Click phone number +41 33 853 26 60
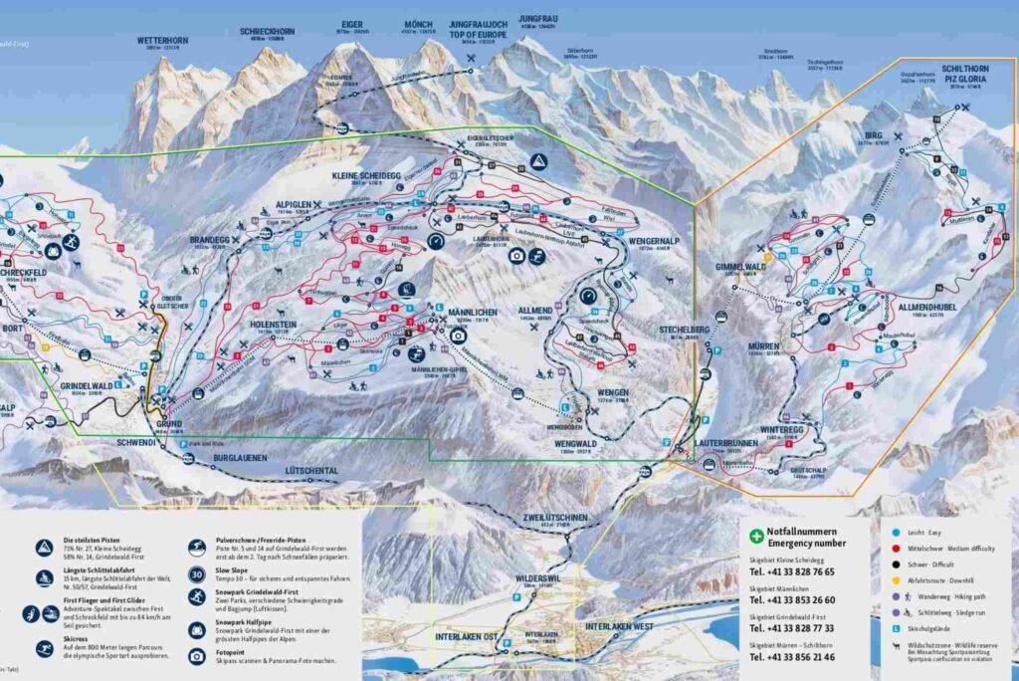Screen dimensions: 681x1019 coord(793,600)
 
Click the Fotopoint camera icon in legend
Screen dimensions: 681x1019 coord(197,655)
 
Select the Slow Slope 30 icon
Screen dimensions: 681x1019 coord(197,574)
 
